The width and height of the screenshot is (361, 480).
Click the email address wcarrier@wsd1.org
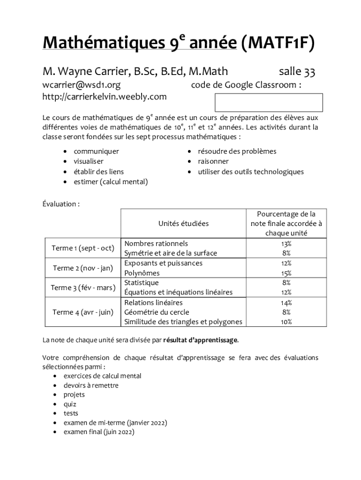point(82,85)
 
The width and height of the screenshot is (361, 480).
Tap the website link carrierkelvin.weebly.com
point(105,97)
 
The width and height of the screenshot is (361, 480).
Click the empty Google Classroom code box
point(268,102)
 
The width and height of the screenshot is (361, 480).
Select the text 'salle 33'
point(297,72)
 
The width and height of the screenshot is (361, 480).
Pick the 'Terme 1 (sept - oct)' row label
point(83,248)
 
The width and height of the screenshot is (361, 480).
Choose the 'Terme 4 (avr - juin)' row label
point(83,312)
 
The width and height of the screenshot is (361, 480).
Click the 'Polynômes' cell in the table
point(142,273)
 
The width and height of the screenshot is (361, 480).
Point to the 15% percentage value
point(286,273)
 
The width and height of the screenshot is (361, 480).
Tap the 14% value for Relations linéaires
point(286,303)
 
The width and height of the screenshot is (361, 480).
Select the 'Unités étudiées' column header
point(183,224)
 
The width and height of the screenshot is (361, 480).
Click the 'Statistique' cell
point(142,283)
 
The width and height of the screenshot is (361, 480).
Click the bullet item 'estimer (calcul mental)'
point(110,182)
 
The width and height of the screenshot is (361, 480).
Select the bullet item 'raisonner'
point(213,161)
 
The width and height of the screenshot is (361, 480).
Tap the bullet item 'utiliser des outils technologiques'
point(250,172)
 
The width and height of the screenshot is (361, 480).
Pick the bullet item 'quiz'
point(70,404)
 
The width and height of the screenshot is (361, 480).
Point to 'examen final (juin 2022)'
point(98,432)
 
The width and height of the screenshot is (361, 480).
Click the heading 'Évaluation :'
point(61,204)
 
